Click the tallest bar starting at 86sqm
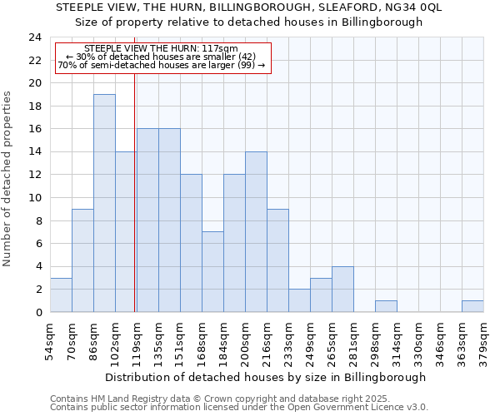click(104, 203)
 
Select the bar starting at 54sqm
click(61, 295)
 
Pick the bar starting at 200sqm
click(256, 232)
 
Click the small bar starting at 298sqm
click(386, 306)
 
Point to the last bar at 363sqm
click(472, 306)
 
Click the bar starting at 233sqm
click(299, 300)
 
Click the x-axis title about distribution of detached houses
click(267, 377)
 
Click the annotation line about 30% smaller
click(162, 57)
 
